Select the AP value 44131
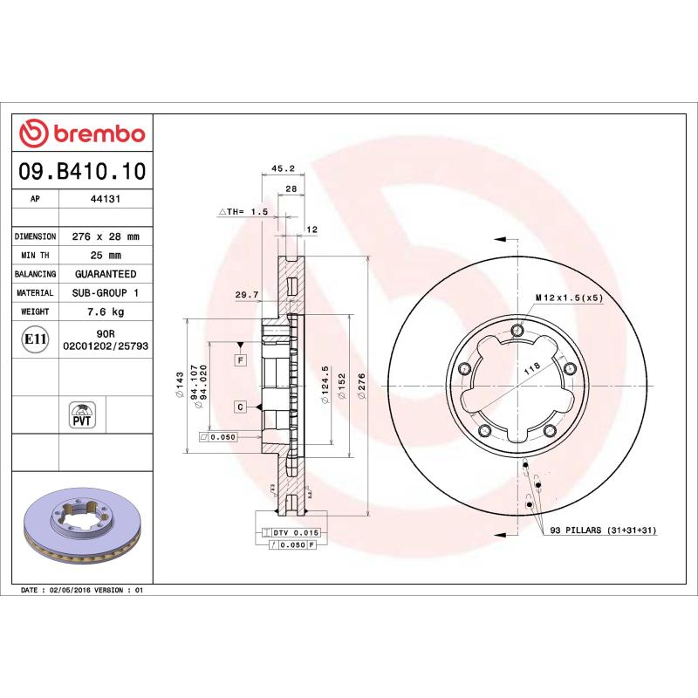tap(105, 199)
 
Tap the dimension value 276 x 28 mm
tap(105, 236)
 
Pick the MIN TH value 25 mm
tap(105, 256)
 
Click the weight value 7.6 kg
tap(105, 311)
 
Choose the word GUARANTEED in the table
tap(105, 274)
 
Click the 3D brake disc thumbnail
tap(82, 524)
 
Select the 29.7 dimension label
tap(247, 295)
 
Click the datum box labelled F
tap(239, 359)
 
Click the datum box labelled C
tap(239, 407)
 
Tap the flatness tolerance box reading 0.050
tap(218, 437)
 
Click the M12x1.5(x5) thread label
tap(569, 298)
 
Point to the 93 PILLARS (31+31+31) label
tap(602, 530)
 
